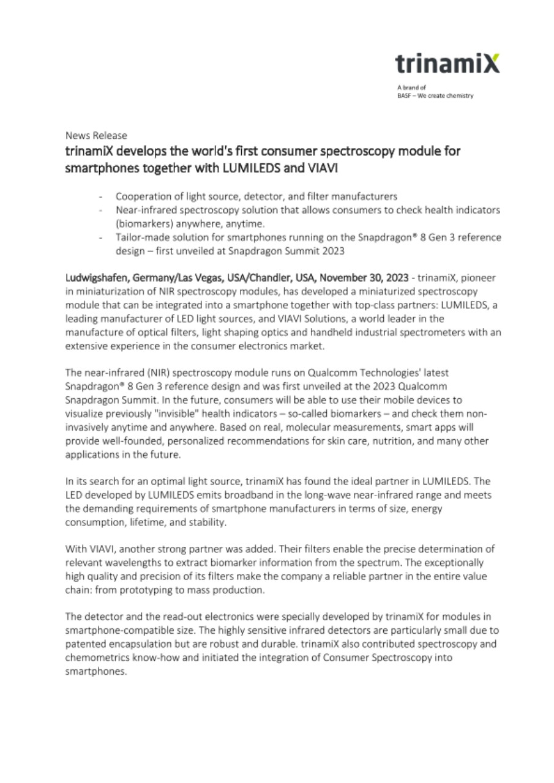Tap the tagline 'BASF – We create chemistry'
pyautogui.click(x=435, y=95)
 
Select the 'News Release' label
pyautogui.click(x=96, y=135)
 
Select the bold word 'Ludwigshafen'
pyautogui.click(x=94, y=277)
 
